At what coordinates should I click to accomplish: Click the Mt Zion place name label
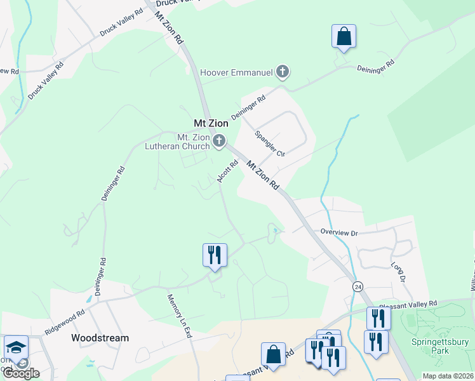[x=210, y=123]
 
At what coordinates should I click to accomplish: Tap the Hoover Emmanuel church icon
[x=283, y=72]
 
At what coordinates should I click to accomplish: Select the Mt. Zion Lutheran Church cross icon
[x=219, y=141]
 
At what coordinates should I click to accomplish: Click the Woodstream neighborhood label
[x=100, y=338]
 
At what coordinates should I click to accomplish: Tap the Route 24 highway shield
[x=358, y=287]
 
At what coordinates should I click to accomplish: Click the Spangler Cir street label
[x=270, y=144]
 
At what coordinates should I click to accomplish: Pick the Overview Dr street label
[x=339, y=233]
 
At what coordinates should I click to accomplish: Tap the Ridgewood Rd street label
[x=65, y=323]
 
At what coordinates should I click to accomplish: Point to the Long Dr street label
[x=398, y=272]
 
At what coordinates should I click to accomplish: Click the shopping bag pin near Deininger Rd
[x=344, y=37]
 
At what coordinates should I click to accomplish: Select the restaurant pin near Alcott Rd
[x=215, y=256]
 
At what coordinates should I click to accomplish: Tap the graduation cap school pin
[x=16, y=348]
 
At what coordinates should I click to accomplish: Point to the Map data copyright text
[x=447, y=376]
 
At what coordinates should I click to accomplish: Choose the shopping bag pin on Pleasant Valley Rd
[x=273, y=355]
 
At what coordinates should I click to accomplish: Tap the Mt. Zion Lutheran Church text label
[x=193, y=142]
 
